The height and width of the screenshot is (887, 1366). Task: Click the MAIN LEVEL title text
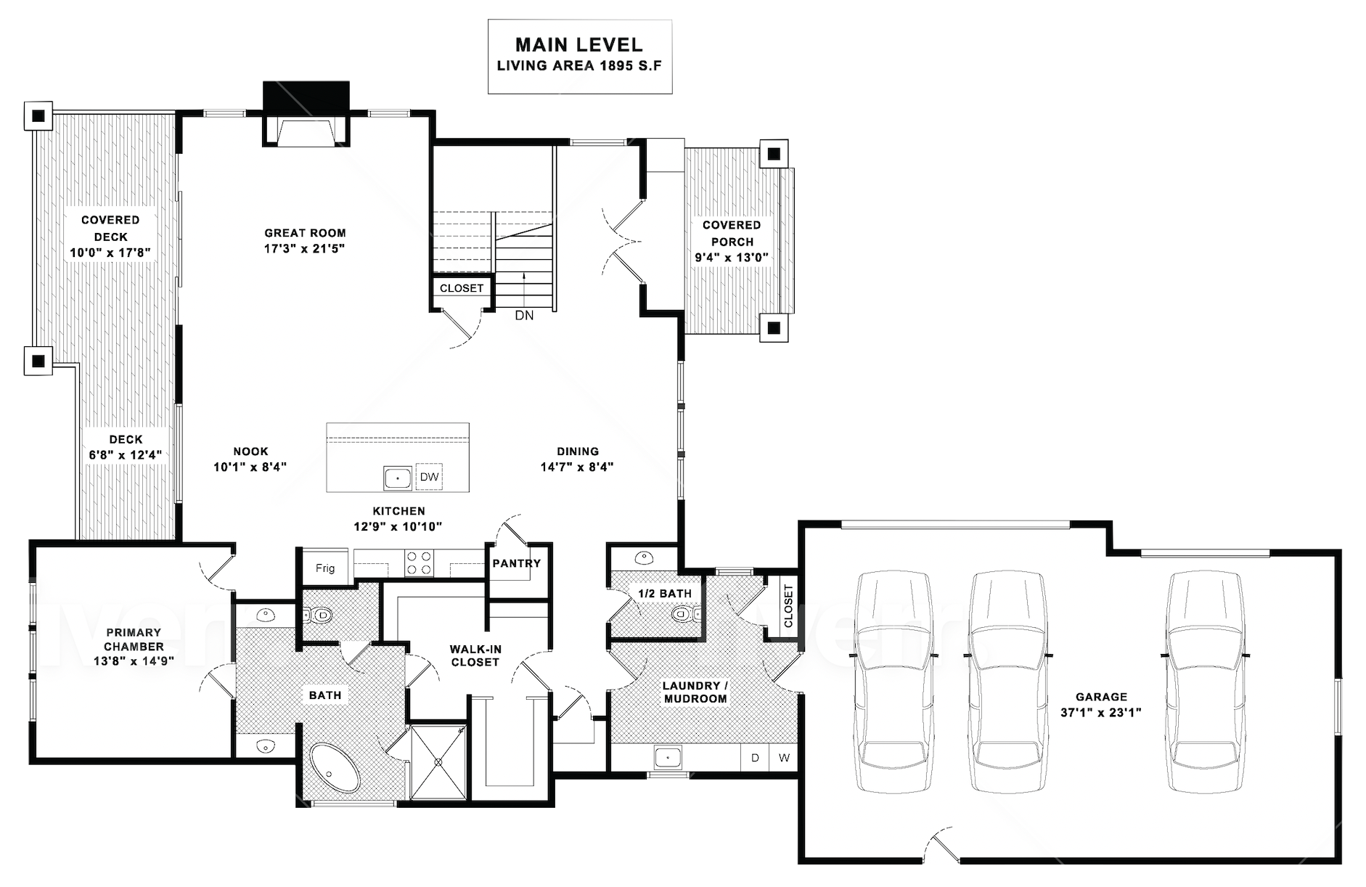point(579,45)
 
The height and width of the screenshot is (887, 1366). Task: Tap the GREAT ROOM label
point(305,233)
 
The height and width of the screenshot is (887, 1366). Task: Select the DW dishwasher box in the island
point(430,477)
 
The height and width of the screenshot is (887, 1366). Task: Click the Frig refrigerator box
point(325,568)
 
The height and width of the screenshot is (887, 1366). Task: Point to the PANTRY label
point(517,563)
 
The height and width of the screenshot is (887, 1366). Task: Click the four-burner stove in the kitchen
point(419,563)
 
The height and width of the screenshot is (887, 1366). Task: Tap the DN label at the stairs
point(524,315)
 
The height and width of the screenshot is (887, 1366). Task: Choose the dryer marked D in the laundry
point(755,758)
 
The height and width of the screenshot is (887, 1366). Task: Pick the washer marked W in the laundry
point(784,758)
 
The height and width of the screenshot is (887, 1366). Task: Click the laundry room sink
point(667,757)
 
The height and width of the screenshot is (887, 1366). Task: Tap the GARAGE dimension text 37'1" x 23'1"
point(1101,713)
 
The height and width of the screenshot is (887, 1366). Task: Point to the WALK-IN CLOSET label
point(475,655)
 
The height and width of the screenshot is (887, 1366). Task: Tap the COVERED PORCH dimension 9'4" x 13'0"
point(732,257)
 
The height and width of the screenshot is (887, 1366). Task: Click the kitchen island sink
point(398,478)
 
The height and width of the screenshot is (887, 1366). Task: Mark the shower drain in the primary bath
point(438,762)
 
